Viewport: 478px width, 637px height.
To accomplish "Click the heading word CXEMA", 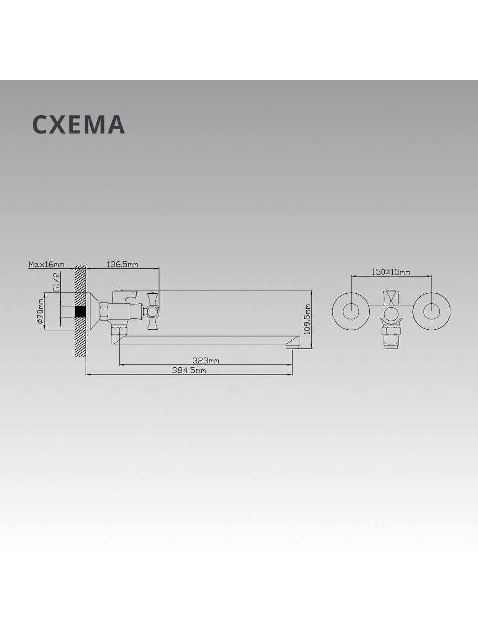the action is click(79, 125).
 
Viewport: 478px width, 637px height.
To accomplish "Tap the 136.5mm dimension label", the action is click(122, 264).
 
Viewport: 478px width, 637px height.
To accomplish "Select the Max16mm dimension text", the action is click(46, 264).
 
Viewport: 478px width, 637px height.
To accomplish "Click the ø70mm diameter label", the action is click(40, 312).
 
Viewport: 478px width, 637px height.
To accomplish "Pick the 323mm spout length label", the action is click(206, 361).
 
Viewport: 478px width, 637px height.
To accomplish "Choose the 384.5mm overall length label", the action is click(189, 370).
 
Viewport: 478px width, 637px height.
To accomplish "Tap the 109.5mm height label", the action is click(307, 318).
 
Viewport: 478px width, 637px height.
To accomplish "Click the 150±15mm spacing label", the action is click(391, 272).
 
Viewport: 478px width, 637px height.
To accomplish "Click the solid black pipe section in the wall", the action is click(80, 312).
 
